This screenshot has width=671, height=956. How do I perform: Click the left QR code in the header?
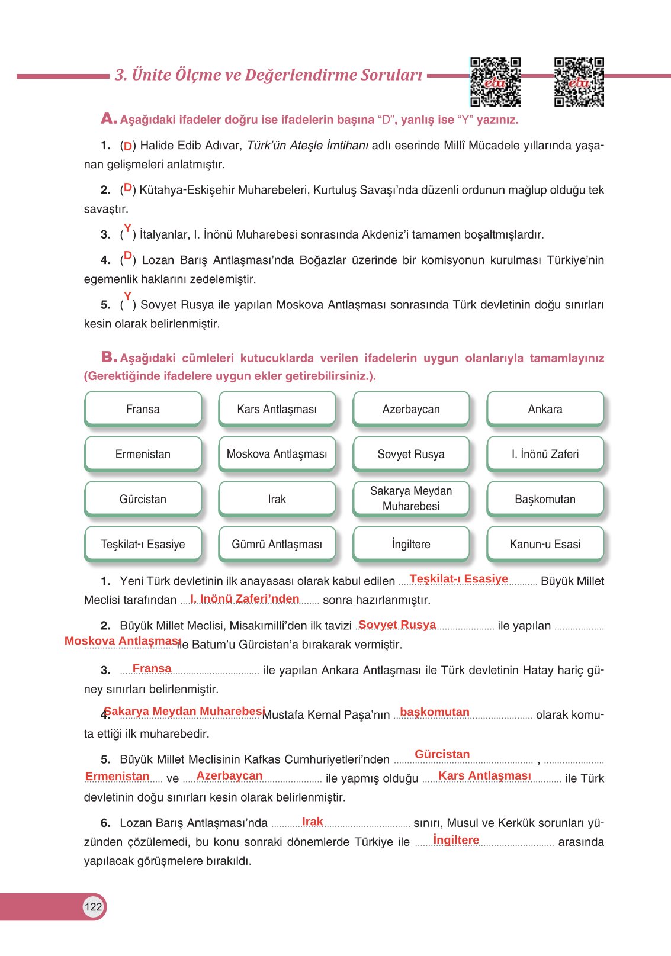pyautogui.click(x=495, y=82)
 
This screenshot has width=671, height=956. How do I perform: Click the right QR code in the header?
pyautogui.click(x=579, y=82)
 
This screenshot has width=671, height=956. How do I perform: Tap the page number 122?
pyautogui.click(x=93, y=907)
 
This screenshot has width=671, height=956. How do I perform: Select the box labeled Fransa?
pyautogui.click(x=143, y=409)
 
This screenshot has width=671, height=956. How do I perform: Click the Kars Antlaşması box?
pyautogui.click(x=277, y=409)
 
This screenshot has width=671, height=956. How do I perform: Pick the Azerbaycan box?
pyautogui.click(x=411, y=409)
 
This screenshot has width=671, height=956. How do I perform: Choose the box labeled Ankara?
pyautogui.click(x=545, y=409)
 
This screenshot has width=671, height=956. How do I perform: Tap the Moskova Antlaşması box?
pyautogui.click(x=277, y=454)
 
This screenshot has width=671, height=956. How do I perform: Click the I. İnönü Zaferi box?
pyautogui.click(x=545, y=454)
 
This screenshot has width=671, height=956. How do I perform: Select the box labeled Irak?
pyautogui.click(x=277, y=499)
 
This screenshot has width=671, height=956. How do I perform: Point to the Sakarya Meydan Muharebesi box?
pyautogui.click(x=411, y=498)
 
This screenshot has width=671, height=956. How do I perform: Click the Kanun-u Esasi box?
pyautogui.click(x=545, y=544)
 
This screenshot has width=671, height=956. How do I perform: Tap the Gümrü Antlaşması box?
pyautogui.click(x=277, y=544)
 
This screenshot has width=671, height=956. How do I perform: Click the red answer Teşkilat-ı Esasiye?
pyautogui.click(x=458, y=579)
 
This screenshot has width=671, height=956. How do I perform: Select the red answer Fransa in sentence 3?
pyautogui.click(x=152, y=668)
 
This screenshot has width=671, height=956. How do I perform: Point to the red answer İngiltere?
pyautogui.click(x=456, y=840)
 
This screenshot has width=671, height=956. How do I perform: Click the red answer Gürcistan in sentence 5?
pyautogui.click(x=442, y=754)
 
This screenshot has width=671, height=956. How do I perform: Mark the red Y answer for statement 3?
pyautogui.click(x=127, y=228)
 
